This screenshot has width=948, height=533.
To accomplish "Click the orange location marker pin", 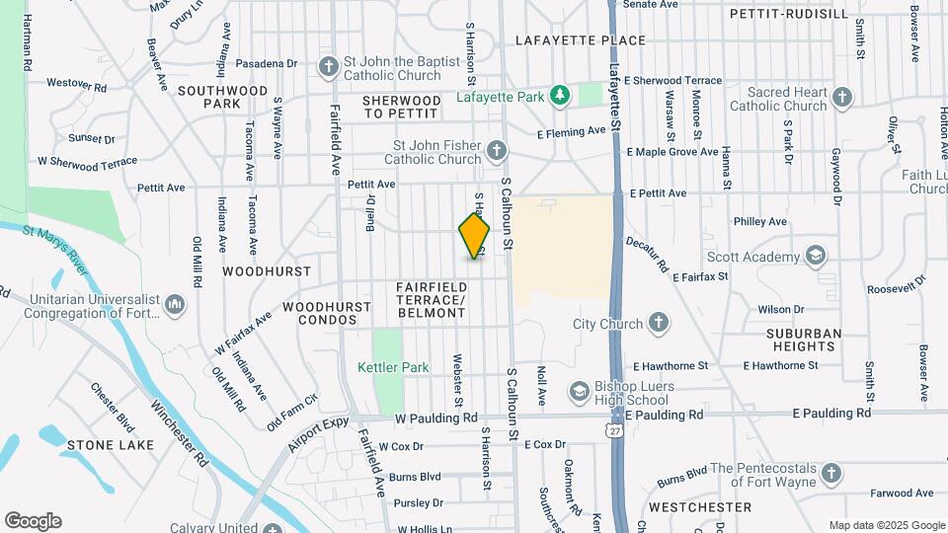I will click(474, 236).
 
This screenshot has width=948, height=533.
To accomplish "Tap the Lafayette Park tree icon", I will click(561, 95).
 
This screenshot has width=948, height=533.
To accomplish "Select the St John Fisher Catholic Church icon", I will click(497, 151).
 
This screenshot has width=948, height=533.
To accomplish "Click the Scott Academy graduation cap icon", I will click(816, 257).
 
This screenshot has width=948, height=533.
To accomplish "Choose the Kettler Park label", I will click(393, 367).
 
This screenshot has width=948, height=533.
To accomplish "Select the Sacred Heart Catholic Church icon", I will click(841, 97).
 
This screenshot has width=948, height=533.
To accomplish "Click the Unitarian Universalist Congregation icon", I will click(175, 304).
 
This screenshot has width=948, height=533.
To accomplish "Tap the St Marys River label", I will click(55, 242).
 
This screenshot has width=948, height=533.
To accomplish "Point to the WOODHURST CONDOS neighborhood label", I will click(319, 314).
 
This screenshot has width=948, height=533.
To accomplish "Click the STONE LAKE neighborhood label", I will click(111, 445).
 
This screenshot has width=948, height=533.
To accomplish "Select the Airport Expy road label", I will click(319, 433).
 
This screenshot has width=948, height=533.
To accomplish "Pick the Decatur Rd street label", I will click(648, 253).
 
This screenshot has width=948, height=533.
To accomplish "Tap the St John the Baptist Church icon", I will click(329, 67).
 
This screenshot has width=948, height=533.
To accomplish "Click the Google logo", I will click(33, 521).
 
